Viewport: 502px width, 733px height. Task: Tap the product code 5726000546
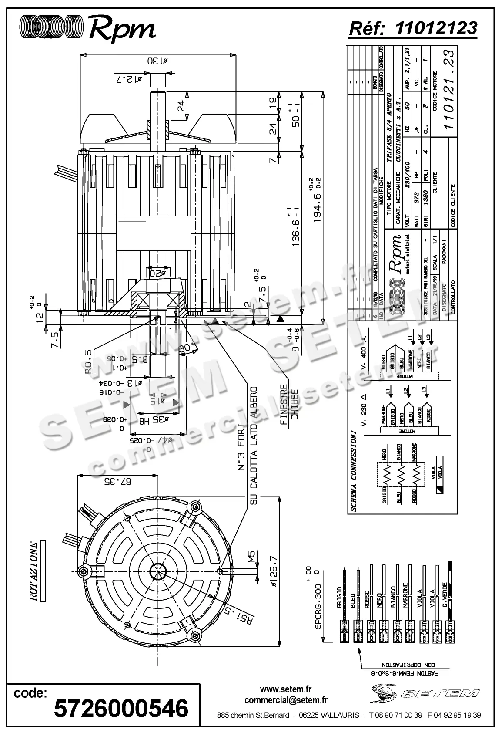(x=121, y=708)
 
